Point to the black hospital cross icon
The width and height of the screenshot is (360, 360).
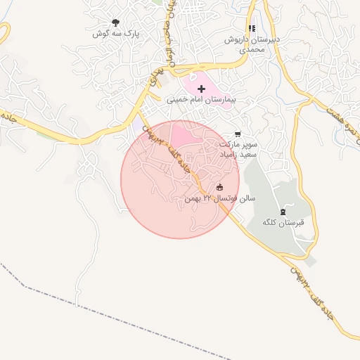[x=202, y=89]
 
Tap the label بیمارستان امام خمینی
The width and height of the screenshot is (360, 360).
[x=201, y=100]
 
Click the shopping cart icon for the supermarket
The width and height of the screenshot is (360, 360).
[x=237, y=134]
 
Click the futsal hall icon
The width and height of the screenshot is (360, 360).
[x=220, y=187]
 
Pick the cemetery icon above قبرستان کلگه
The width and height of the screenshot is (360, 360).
[x=283, y=211]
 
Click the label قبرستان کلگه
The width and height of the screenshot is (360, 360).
[x=283, y=223]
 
